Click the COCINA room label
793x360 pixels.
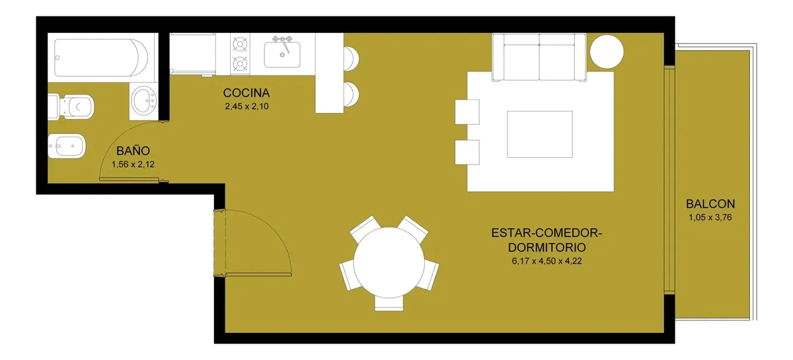[x=246, y=93]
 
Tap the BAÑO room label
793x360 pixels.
[x=133, y=151]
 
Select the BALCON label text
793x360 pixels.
[x=710, y=204]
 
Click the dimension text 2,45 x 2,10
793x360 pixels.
[x=246, y=106]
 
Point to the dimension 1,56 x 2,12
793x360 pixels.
[x=133, y=164]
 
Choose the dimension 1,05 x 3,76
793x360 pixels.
[x=710, y=217]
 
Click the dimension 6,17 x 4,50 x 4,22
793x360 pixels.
[x=547, y=261]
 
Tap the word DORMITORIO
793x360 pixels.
[x=547, y=248]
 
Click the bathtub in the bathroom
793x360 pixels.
[x=101, y=57]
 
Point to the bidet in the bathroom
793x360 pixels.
[x=67, y=146]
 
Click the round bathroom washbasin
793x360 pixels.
[x=144, y=100]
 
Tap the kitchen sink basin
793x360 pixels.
[x=282, y=55]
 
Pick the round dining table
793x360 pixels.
[x=389, y=263]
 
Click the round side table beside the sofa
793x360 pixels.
[x=607, y=52]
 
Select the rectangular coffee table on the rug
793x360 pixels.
[x=539, y=134]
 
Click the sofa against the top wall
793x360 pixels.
[x=539, y=57]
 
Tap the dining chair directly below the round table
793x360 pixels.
[x=389, y=304]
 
